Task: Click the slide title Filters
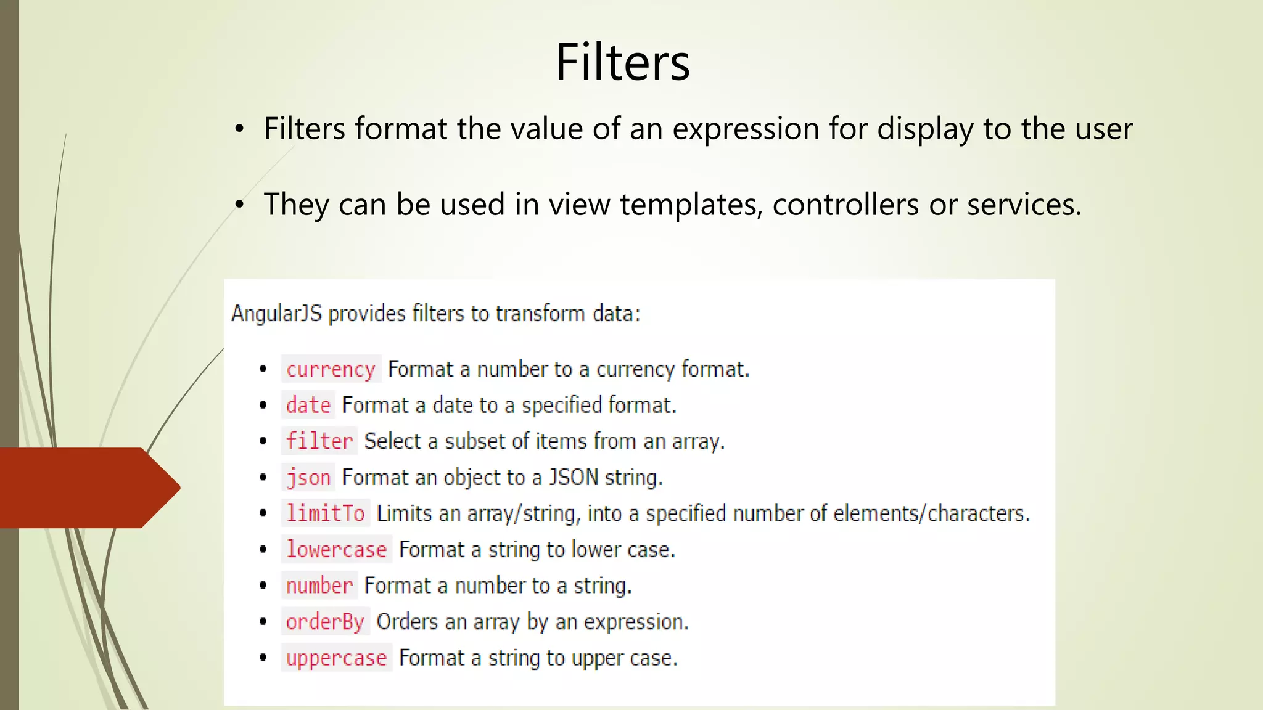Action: pos(622,62)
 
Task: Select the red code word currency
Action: pos(331,370)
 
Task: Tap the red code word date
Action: pos(308,406)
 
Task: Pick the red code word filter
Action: pos(319,441)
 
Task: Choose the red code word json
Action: pos(308,478)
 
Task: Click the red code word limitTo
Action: pos(325,513)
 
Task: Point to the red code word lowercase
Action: pos(336,549)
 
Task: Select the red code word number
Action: pos(319,586)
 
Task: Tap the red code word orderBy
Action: pos(325,621)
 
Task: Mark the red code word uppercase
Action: pos(336,658)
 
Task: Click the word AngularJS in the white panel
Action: pos(276,314)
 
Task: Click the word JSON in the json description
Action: pos(574,478)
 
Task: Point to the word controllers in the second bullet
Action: pos(845,205)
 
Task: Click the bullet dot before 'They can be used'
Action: pos(239,205)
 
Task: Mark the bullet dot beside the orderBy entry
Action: pos(263,621)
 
